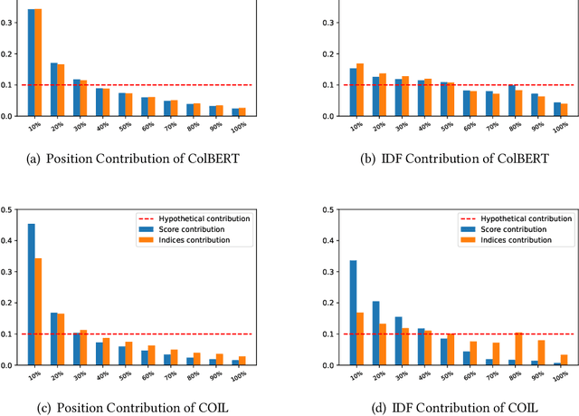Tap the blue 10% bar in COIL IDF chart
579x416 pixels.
pos(327,313)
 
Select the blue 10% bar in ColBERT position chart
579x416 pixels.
pos(32,63)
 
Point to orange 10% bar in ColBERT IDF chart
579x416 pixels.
pos(335,90)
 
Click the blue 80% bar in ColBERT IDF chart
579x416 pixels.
pos(512,101)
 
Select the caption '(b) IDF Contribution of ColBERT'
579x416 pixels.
pos(441,158)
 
